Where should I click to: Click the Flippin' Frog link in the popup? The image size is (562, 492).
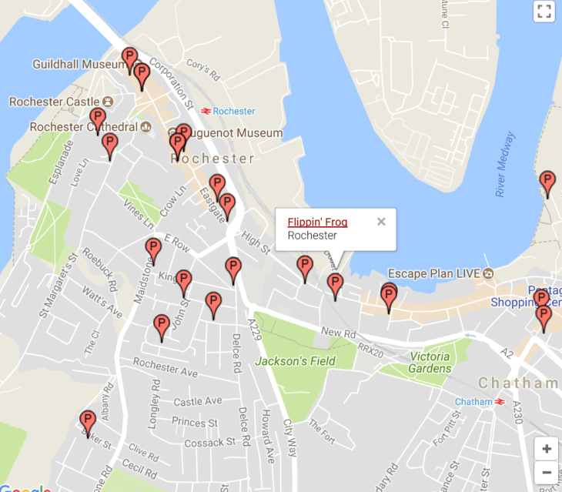317,223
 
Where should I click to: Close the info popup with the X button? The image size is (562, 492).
381,222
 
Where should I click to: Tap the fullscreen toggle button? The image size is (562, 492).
544,11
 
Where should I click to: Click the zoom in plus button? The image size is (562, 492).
546,449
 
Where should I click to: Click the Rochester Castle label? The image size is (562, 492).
55,102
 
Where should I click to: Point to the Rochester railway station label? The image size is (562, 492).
233,112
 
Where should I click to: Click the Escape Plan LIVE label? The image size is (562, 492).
433,274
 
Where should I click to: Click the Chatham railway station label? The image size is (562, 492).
473,402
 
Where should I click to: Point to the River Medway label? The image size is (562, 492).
506,165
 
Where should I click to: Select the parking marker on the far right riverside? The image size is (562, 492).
547,183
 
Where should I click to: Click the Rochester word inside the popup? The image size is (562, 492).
312,236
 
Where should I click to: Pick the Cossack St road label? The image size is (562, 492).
209,443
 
